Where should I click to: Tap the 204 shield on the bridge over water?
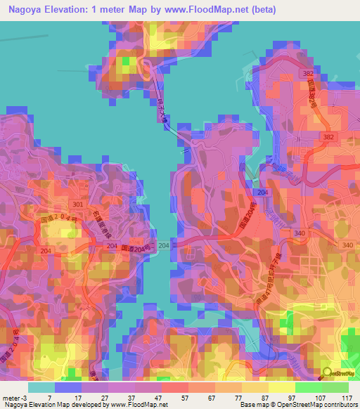point(164,245)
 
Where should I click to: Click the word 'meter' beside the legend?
point(11,398)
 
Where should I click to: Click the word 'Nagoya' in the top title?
point(25,10)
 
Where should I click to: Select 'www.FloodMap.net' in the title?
point(213,10)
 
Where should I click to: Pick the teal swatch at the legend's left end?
point(41,387)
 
